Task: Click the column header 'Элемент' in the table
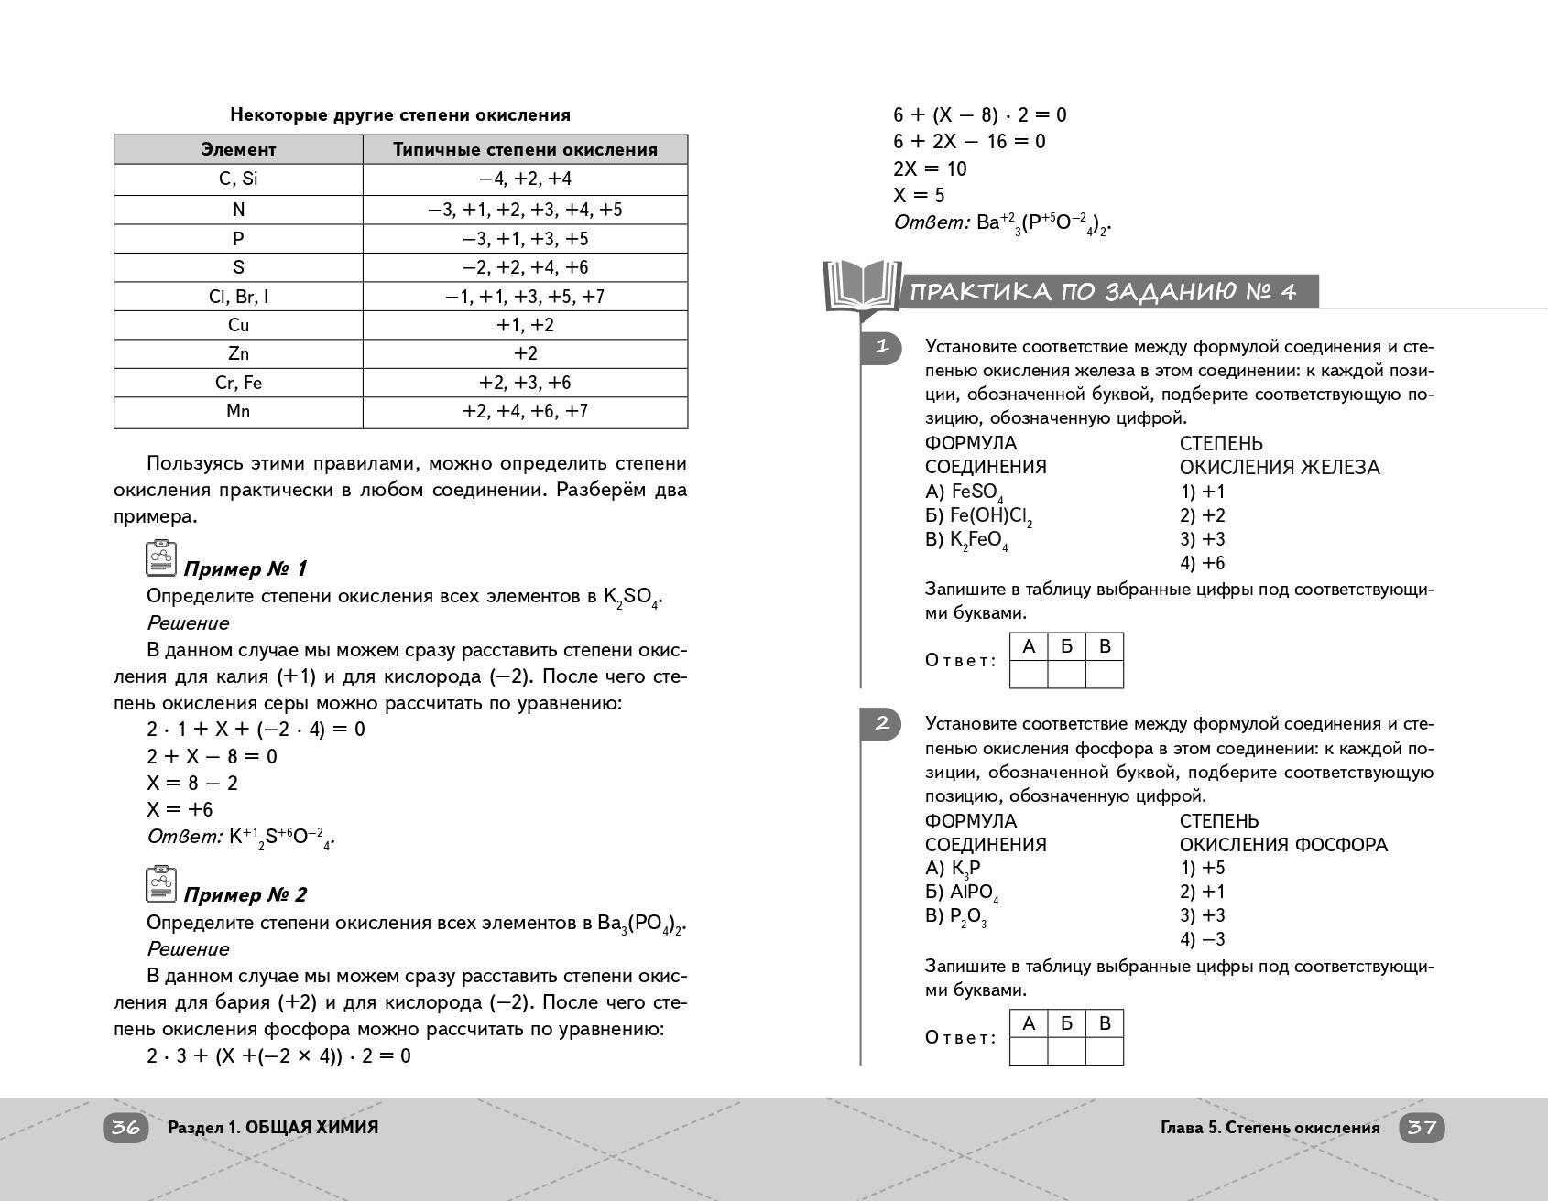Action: point(238,150)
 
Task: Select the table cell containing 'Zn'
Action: point(238,353)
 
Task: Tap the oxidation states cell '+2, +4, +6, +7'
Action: point(525,411)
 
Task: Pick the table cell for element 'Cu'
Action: point(238,325)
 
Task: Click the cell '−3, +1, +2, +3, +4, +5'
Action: point(525,210)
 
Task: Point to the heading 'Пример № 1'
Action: point(245,569)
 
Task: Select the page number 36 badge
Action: point(125,1128)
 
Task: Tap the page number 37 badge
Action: point(1422,1128)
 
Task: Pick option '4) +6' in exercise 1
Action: point(1202,563)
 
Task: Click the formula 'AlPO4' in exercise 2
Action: point(974,893)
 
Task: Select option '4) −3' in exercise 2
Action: point(1202,939)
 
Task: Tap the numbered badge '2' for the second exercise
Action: point(881,724)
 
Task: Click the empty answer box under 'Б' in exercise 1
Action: point(1066,675)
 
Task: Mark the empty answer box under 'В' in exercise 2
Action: point(1105,1052)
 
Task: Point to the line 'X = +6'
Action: point(180,809)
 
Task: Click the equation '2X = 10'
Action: point(930,168)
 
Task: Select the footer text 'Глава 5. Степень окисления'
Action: point(1270,1128)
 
